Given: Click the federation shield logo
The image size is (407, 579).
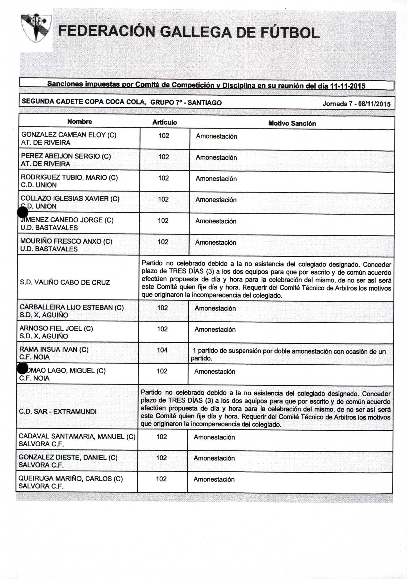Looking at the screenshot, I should point(36,28).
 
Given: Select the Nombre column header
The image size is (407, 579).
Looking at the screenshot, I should point(79,121).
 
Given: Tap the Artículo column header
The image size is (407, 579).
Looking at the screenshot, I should point(165,122).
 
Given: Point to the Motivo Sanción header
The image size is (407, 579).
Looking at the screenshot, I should point(292,123).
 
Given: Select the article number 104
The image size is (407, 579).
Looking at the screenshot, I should point(162,350).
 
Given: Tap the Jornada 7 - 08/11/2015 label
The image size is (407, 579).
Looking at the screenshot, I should point(356,104).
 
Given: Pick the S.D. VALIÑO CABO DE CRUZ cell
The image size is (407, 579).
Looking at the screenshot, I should point(65,282).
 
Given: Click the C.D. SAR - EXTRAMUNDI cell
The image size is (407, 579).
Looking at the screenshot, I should point(58,412).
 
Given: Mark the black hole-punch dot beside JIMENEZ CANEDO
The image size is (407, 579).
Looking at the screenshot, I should point(23,212).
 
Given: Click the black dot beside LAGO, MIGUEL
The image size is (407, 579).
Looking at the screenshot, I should point(22,369).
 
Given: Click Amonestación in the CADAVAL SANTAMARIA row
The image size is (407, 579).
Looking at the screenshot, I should point(214,437).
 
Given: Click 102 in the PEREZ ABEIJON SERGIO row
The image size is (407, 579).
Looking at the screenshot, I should point(163,157).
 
